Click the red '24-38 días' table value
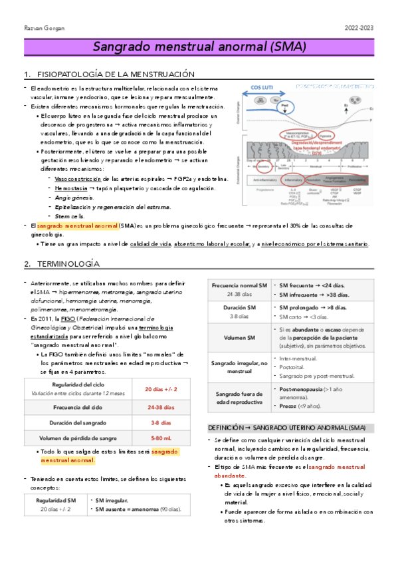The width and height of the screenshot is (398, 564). tap(161, 408)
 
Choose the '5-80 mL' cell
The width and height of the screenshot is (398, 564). tap(161, 438)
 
